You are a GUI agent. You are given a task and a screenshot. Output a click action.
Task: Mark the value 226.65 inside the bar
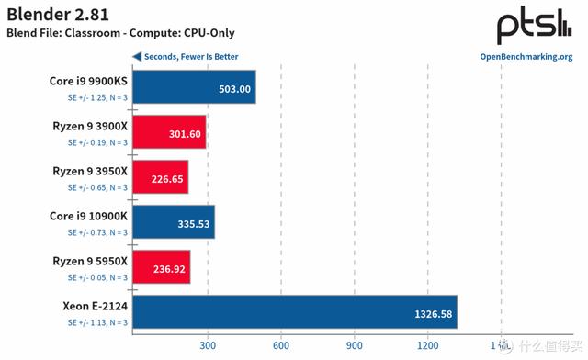click(167, 178)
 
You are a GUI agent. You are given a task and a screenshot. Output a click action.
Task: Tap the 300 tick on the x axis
click(207, 346)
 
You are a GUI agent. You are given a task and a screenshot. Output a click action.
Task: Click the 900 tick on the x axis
click(354, 346)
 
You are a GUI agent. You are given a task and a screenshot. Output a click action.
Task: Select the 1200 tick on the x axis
click(427, 346)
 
